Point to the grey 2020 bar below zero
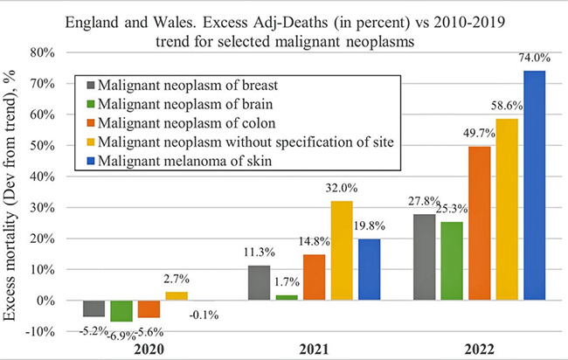94,308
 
